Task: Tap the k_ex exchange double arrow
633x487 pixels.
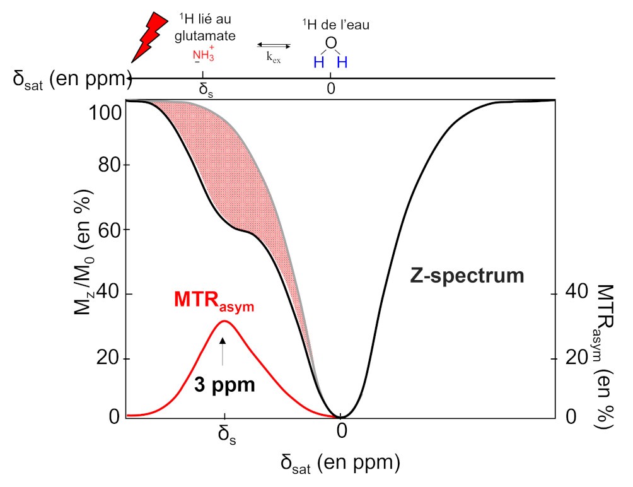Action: coord(274,45)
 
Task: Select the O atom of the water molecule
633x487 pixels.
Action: coord(331,44)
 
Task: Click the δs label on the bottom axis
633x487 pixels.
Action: coord(225,435)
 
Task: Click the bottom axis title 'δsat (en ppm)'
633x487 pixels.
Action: coord(340,464)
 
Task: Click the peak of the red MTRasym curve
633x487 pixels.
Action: coord(224,322)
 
